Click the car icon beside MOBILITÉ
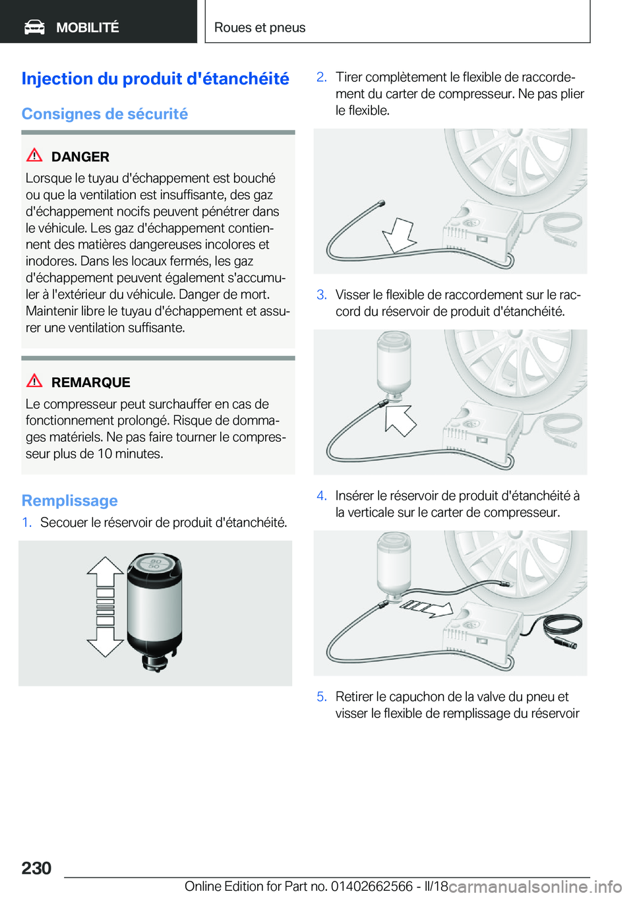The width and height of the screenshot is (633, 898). tap(34, 28)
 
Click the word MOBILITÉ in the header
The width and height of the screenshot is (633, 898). tap(88, 27)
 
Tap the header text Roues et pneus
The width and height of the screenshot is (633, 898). tap(260, 27)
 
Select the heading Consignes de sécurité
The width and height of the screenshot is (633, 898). tap(105, 114)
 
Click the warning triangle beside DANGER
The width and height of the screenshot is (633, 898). tap(34, 155)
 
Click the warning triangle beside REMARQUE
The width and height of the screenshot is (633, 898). tap(34, 380)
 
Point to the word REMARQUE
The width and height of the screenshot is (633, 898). tap(91, 382)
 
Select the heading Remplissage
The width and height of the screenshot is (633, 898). tap(70, 500)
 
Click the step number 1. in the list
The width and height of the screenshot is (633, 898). tap(27, 522)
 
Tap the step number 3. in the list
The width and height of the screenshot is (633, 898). tap(322, 295)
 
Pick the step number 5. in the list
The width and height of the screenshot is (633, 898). tap(322, 697)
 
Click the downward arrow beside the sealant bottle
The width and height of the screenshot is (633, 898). tap(105, 637)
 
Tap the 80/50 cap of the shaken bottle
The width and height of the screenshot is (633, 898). tap(155, 564)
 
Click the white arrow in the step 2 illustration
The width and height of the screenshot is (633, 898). tap(398, 235)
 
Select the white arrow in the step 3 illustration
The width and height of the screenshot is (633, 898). tap(400, 420)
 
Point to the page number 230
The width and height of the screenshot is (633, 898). tap(36, 868)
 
